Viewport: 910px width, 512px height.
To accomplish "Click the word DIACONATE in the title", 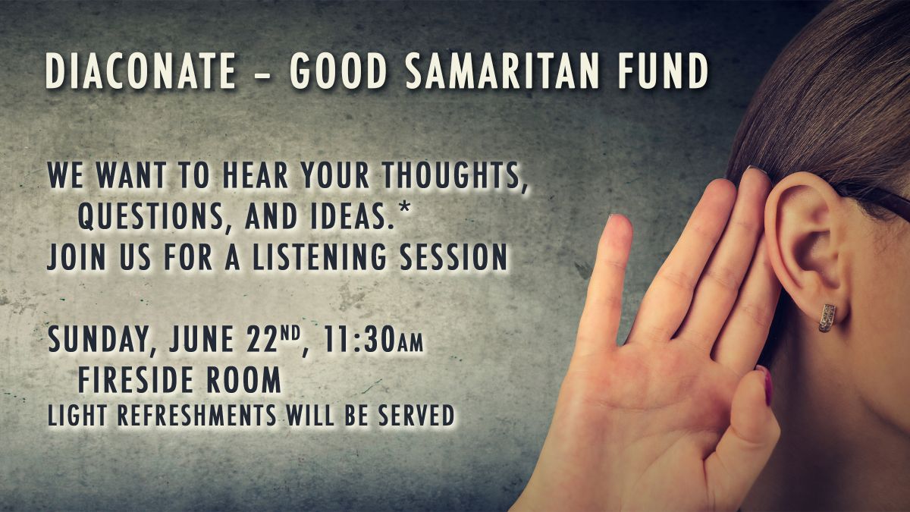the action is pyautogui.click(x=140, y=71).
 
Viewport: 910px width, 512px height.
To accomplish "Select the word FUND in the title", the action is pyautogui.click(x=664, y=71).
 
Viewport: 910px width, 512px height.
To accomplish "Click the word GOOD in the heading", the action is pyautogui.click(x=338, y=71).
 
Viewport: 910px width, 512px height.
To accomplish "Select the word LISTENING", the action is pyautogui.click(x=319, y=257).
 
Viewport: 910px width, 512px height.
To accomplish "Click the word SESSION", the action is pyautogui.click(x=453, y=257).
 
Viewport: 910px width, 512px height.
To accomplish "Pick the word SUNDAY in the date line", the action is pyautogui.click(x=99, y=341).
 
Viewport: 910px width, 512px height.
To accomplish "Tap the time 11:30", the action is pyautogui.click(x=359, y=339).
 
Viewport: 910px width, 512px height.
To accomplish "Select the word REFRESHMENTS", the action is pyautogui.click(x=197, y=416).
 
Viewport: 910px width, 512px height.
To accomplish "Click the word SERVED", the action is pyautogui.click(x=416, y=416).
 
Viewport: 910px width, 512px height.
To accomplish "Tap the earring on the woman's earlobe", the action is pyautogui.click(x=827, y=318).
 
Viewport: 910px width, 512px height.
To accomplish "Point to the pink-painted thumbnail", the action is pyautogui.click(x=767, y=385).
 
